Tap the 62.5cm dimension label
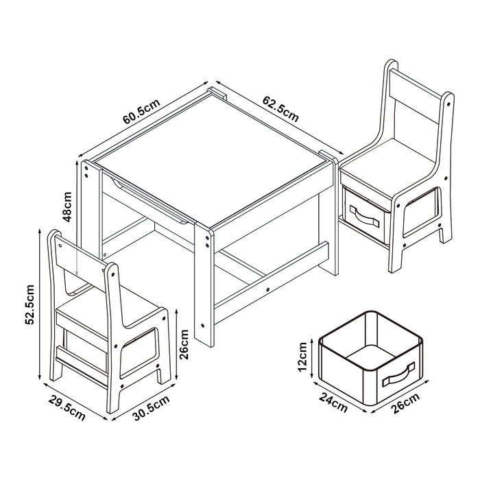(280, 108)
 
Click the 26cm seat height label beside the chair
(183, 340)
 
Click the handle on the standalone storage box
(398, 376)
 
